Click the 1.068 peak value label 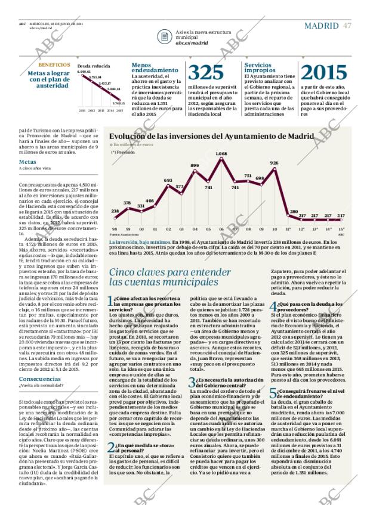(x=221, y=154)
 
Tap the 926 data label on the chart (x=274, y=163)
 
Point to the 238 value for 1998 (x=115, y=211)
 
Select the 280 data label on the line (x=294, y=211)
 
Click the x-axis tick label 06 (x=221, y=229)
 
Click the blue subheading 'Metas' (x=27, y=162)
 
